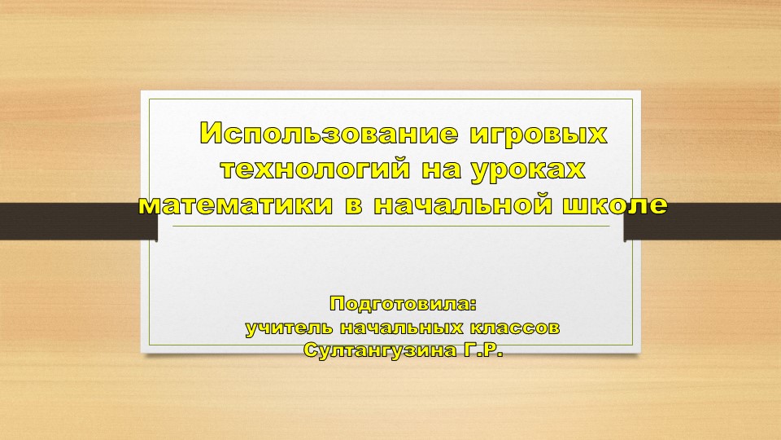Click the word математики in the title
click(236, 205)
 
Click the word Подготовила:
click(402, 306)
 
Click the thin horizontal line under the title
click(390, 227)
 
